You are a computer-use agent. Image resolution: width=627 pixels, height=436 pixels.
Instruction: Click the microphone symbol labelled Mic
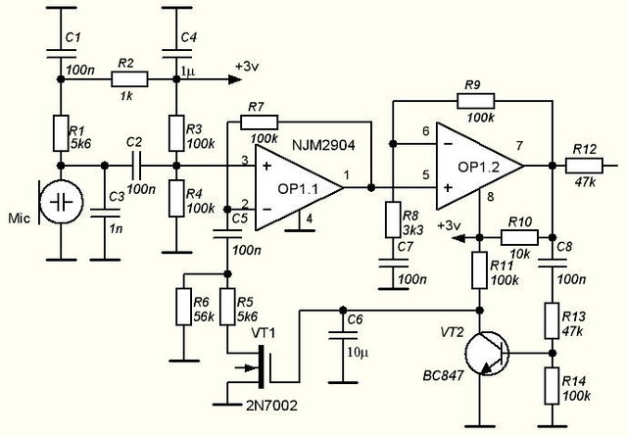(60, 202)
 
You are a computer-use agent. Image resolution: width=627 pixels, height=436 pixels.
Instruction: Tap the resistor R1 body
(61, 132)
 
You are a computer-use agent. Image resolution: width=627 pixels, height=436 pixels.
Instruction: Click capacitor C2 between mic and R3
(137, 166)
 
